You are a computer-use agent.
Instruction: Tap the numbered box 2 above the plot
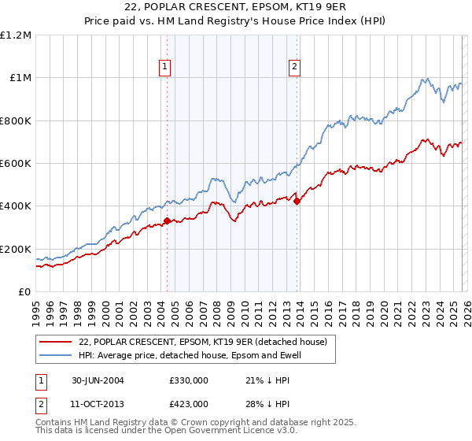pos(295,68)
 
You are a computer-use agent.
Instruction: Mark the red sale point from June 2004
pos(167,221)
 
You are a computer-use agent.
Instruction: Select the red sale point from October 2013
pos(297,202)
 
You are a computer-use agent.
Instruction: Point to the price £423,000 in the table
pos(188,403)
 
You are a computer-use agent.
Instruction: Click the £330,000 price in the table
pos(188,380)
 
